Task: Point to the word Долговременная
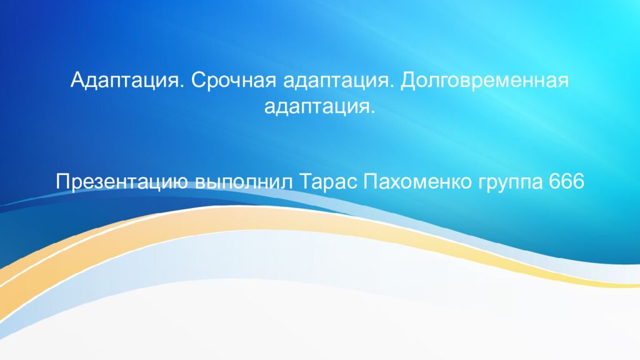(484, 80)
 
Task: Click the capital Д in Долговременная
(407, 80)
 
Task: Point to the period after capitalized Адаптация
(180, 85)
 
